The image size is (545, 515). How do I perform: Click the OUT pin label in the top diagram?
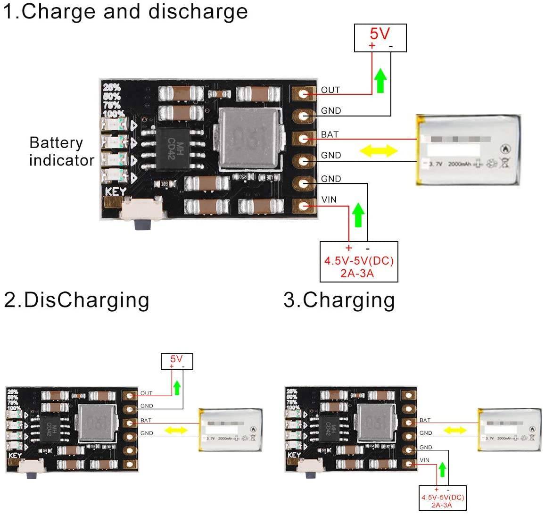tap(330, 90)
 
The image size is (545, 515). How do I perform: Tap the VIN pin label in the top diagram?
tap(329, 199)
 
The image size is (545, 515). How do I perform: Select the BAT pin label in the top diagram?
tap(330, 134)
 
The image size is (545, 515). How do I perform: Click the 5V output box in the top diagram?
tap(380, 38)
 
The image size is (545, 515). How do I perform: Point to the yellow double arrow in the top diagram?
tap(379, 151)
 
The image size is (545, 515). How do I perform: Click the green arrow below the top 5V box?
tap(380, 80)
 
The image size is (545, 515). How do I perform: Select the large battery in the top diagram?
tap(468, 150)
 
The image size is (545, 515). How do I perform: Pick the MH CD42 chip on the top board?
tap(173, 150)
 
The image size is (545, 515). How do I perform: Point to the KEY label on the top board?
tap(116, 192)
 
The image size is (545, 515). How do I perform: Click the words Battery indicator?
tap(61, 151)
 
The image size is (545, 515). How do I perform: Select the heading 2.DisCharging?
tap(77, 300)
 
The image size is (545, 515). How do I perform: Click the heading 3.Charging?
tap(339, 300)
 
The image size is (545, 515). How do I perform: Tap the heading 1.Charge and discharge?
tap(125, 12)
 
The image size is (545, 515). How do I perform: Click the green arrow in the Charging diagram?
tap(442, 469)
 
